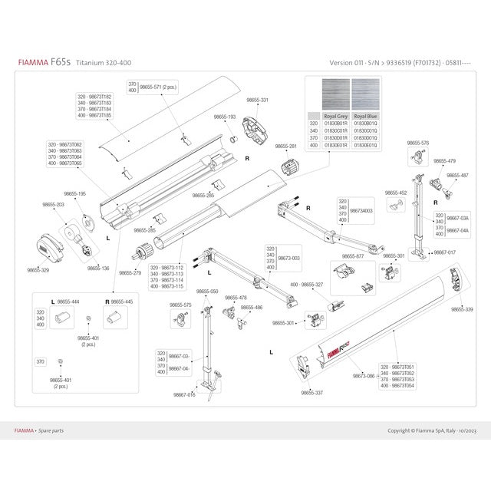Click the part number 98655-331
click(x=257, y=101)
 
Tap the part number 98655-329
click(x=38, y=270)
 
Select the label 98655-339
click(x=462, y=309)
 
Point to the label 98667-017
click(x=444, y=252)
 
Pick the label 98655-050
click(x=207, y=292)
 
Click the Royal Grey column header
click(x=336, y=116)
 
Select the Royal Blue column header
click(x=365, y=116)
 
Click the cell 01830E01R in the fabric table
click(x=336, y=144)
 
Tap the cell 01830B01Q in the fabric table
click(x=365, y=123)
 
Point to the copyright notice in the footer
click(x=431, y=430)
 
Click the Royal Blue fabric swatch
click(x=365, y=95)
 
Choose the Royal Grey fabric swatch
click(x=336, y=95)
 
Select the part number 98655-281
click(x=285, y=146)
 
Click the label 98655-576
click(x=418, y=143)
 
